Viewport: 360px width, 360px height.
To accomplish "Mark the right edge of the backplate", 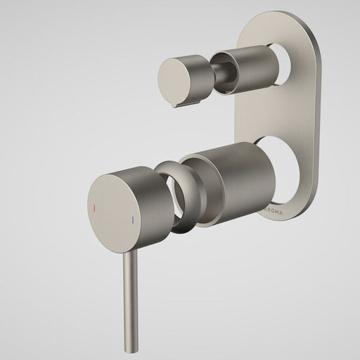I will pyautogui.click(x=321, y=127).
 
